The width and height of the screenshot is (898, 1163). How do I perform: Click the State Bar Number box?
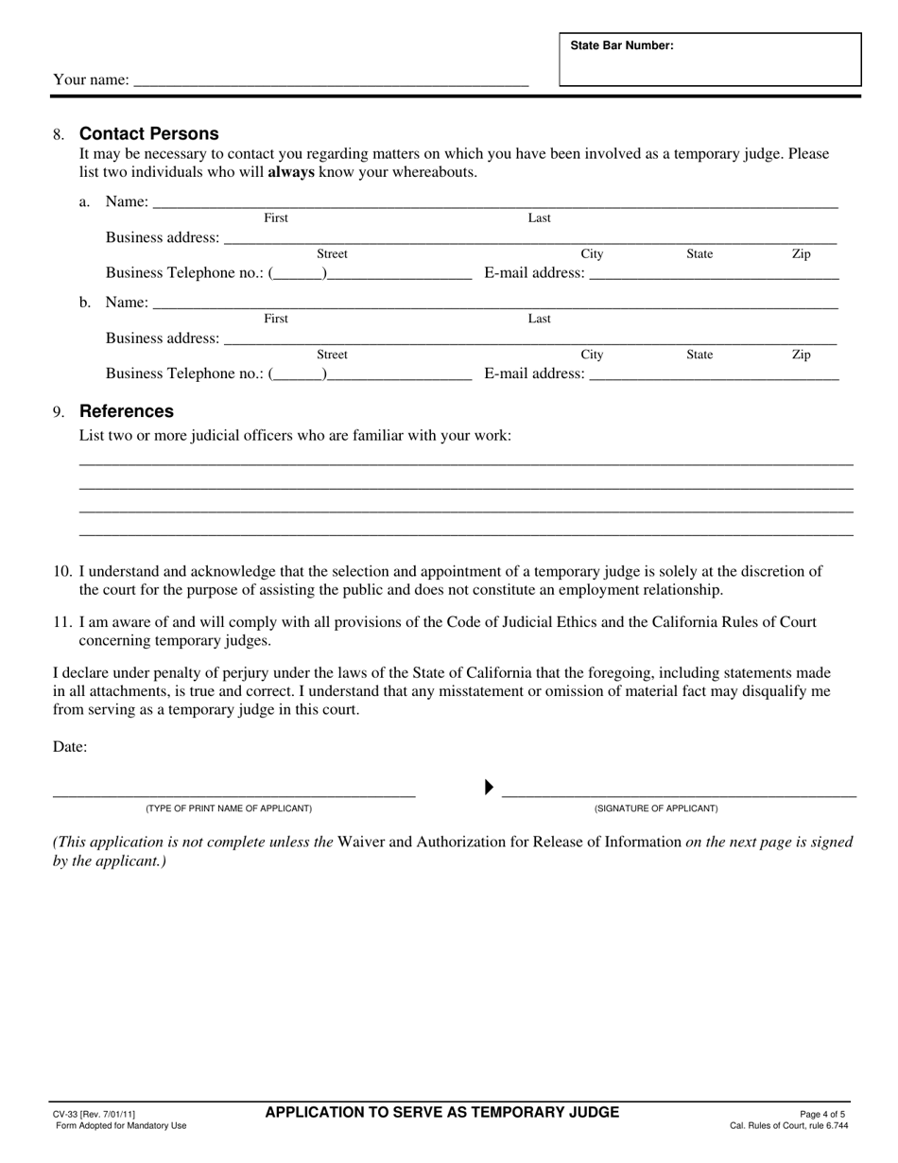[x=710, y=61]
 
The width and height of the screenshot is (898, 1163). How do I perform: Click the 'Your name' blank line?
[x=331, y=81]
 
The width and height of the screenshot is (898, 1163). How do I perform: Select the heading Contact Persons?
[x=148, y=133]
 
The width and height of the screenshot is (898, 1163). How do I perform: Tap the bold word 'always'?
[x=291, y=172]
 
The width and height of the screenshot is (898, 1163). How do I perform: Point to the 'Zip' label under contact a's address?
[x=801, y=253]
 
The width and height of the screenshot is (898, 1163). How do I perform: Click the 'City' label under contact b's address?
[x=592, y=355]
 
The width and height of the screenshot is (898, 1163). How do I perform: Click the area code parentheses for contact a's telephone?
[x=299, y=273]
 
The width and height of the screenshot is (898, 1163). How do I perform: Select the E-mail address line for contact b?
[x=714, y=374]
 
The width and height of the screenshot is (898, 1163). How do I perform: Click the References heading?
[x=127, y=411]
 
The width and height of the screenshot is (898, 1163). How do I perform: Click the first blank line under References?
[x=466, y=462]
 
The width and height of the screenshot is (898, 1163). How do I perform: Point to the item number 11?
[x=62, y=622]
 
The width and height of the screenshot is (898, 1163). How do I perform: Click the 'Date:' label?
[x=70, y=747]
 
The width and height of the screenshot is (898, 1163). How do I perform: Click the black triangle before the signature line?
[x=489, y=787]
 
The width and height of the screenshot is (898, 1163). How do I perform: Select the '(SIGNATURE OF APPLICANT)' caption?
[x=655, y=808]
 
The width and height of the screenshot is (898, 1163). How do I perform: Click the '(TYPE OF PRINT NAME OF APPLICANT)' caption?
[x=228, y=808]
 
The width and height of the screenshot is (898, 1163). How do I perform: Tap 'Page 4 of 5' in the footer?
[x=821, y=1115]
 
